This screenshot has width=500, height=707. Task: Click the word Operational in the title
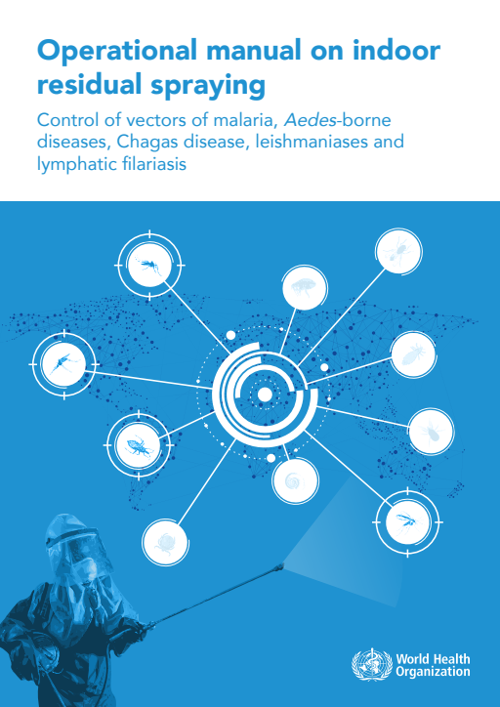click(117, 50)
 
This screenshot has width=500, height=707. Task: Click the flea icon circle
click(305, 288)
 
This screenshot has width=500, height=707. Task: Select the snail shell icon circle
click(295, 481)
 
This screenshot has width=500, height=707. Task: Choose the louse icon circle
click(413, 354)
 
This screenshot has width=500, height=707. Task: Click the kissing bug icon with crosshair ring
click(139, 445)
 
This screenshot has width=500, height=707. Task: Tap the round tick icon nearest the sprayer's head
click(165, 542)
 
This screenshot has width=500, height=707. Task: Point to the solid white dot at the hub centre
click(265, 395)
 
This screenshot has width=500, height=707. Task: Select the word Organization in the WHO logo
click(433, 672)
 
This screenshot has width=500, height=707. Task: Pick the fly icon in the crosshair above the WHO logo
click(407, 522)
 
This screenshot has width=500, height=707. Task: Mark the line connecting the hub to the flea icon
click(288, 331)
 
